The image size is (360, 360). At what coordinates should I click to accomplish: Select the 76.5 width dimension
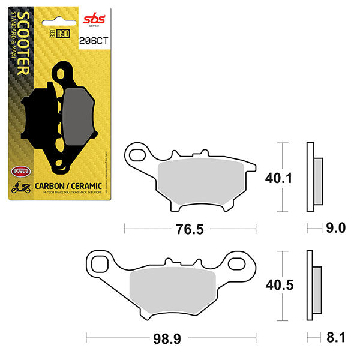coord(190,229)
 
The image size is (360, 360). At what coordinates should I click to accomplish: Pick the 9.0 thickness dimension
coord(334,228)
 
